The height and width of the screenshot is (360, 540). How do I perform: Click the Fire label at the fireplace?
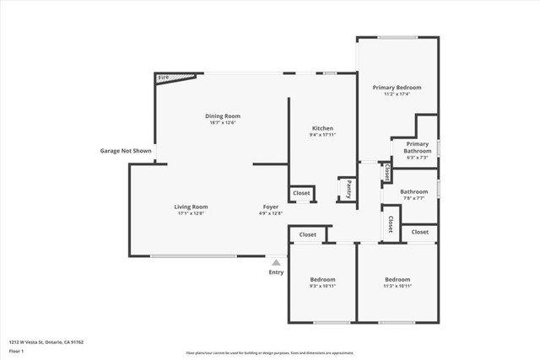tap(163, 78)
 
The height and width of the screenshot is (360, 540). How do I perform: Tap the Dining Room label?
tap(223, 116)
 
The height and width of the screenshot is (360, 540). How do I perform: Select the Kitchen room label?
tap(322, 128)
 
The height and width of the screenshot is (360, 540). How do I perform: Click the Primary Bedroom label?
tap(397, 88)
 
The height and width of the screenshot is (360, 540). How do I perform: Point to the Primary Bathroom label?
tap(417, 148)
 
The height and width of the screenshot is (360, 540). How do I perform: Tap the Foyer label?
tap(270, 207)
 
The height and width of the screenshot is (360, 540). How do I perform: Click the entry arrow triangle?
tap(276, 263)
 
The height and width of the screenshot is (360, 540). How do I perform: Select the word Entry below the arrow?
tap(276, 272)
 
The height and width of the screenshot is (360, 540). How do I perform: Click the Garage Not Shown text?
tap(125, 151)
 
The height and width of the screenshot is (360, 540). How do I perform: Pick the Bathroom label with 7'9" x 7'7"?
tap(413, 191)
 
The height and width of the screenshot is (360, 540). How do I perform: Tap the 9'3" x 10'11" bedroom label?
tap(322, 280)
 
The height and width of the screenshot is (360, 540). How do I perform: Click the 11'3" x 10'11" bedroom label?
tap(397, 280)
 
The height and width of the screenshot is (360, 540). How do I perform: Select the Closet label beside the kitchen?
tap(301, 193)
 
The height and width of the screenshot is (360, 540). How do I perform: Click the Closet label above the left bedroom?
tap(307, 234)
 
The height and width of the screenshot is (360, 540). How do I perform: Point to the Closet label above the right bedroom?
tap(419, 232)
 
